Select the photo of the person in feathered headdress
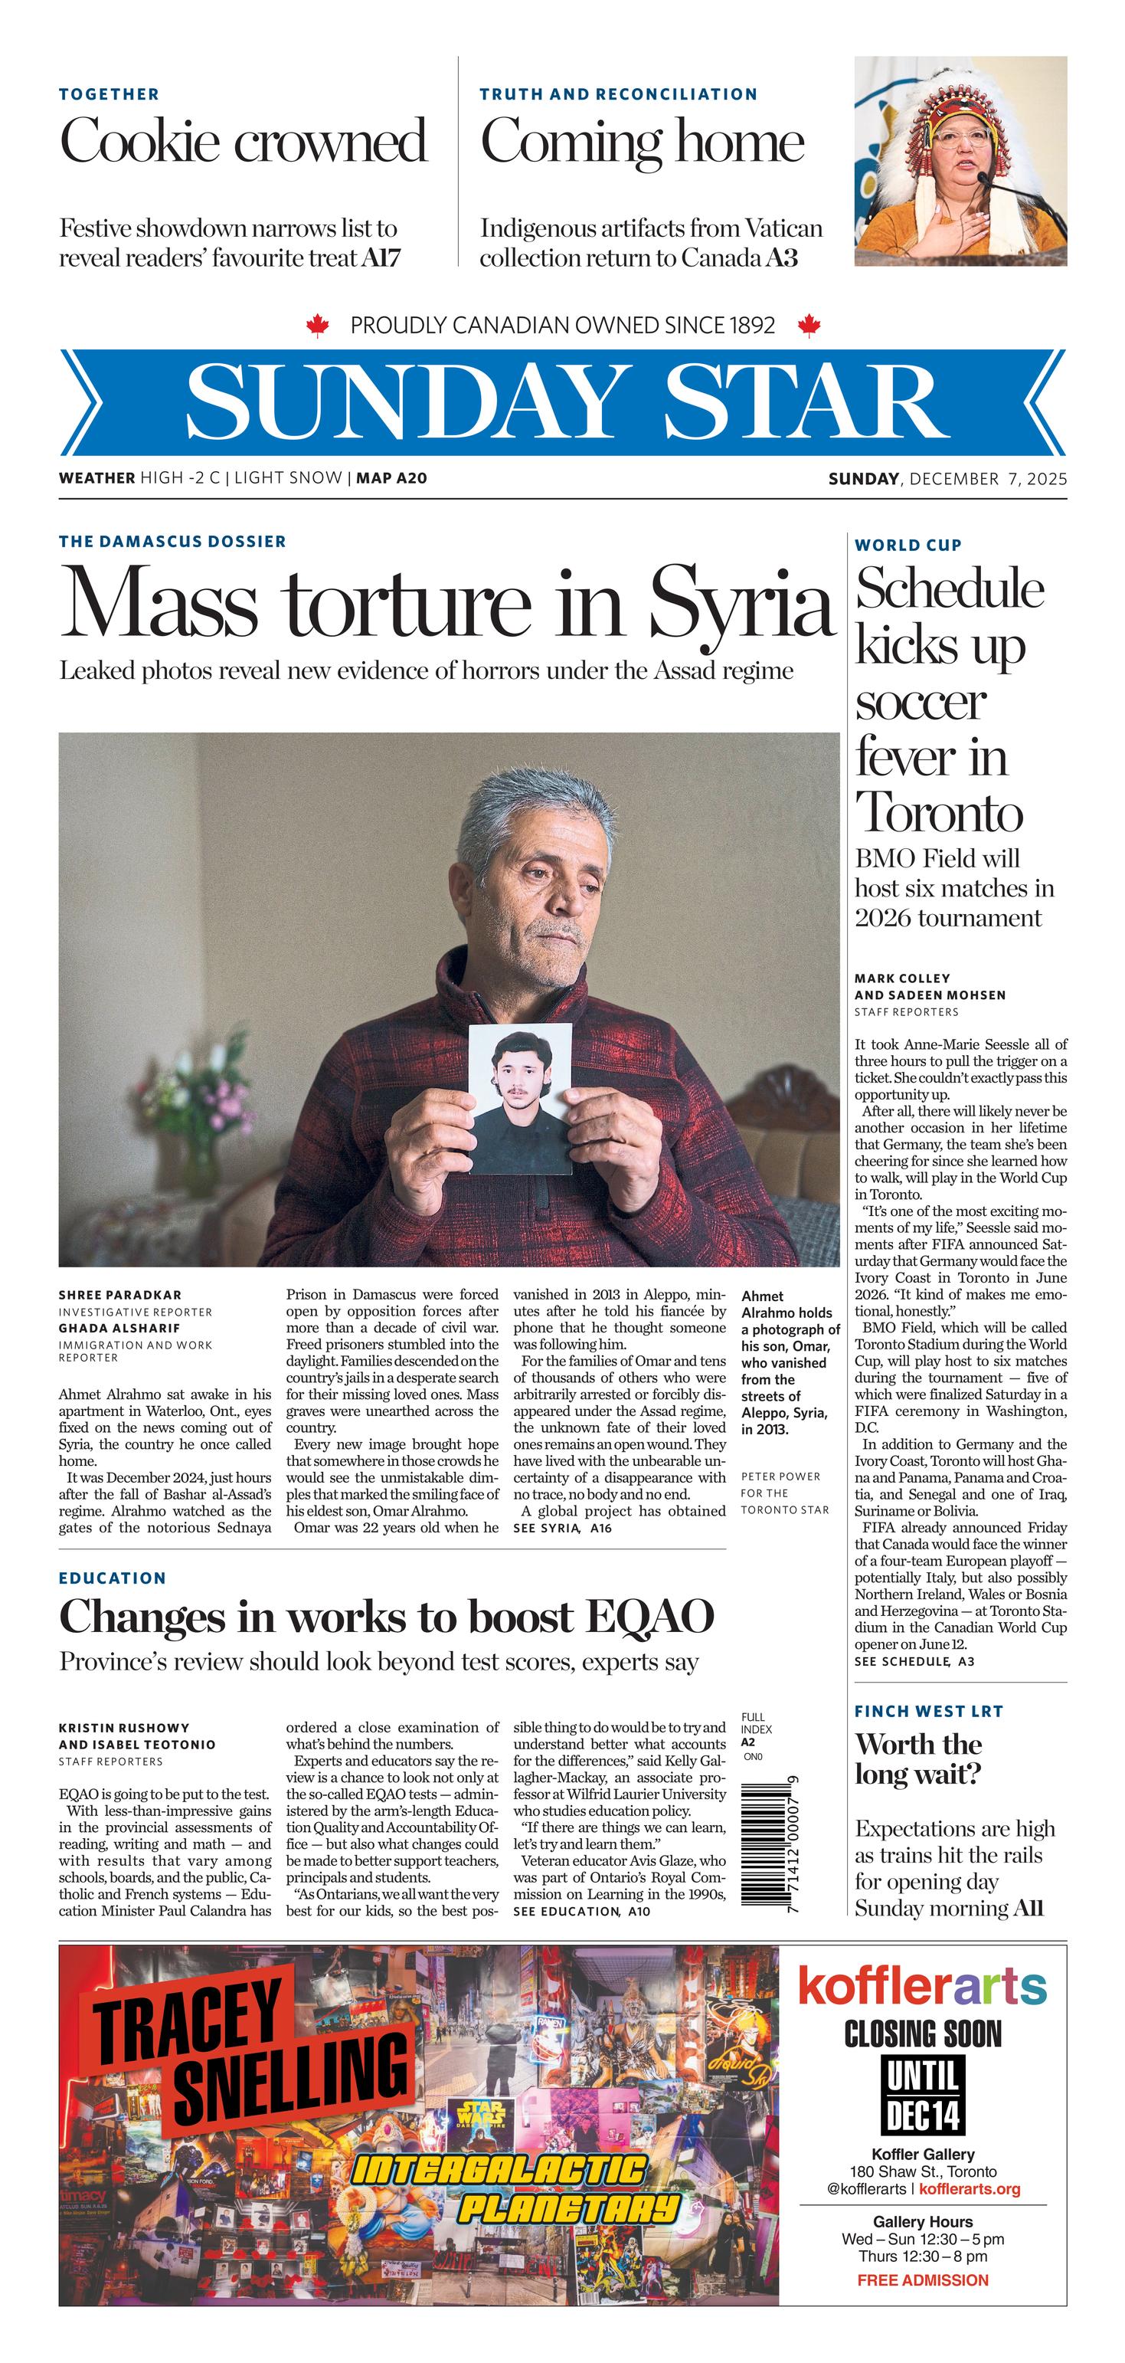pos(960,162)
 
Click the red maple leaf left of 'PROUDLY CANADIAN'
pos(317,326)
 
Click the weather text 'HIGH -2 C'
pos(180,478)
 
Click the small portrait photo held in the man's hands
pos(520,1097)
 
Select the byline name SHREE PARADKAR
pos(120,1295)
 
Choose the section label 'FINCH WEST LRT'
pos(929,1711)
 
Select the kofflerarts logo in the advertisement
pos(921,1988)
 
